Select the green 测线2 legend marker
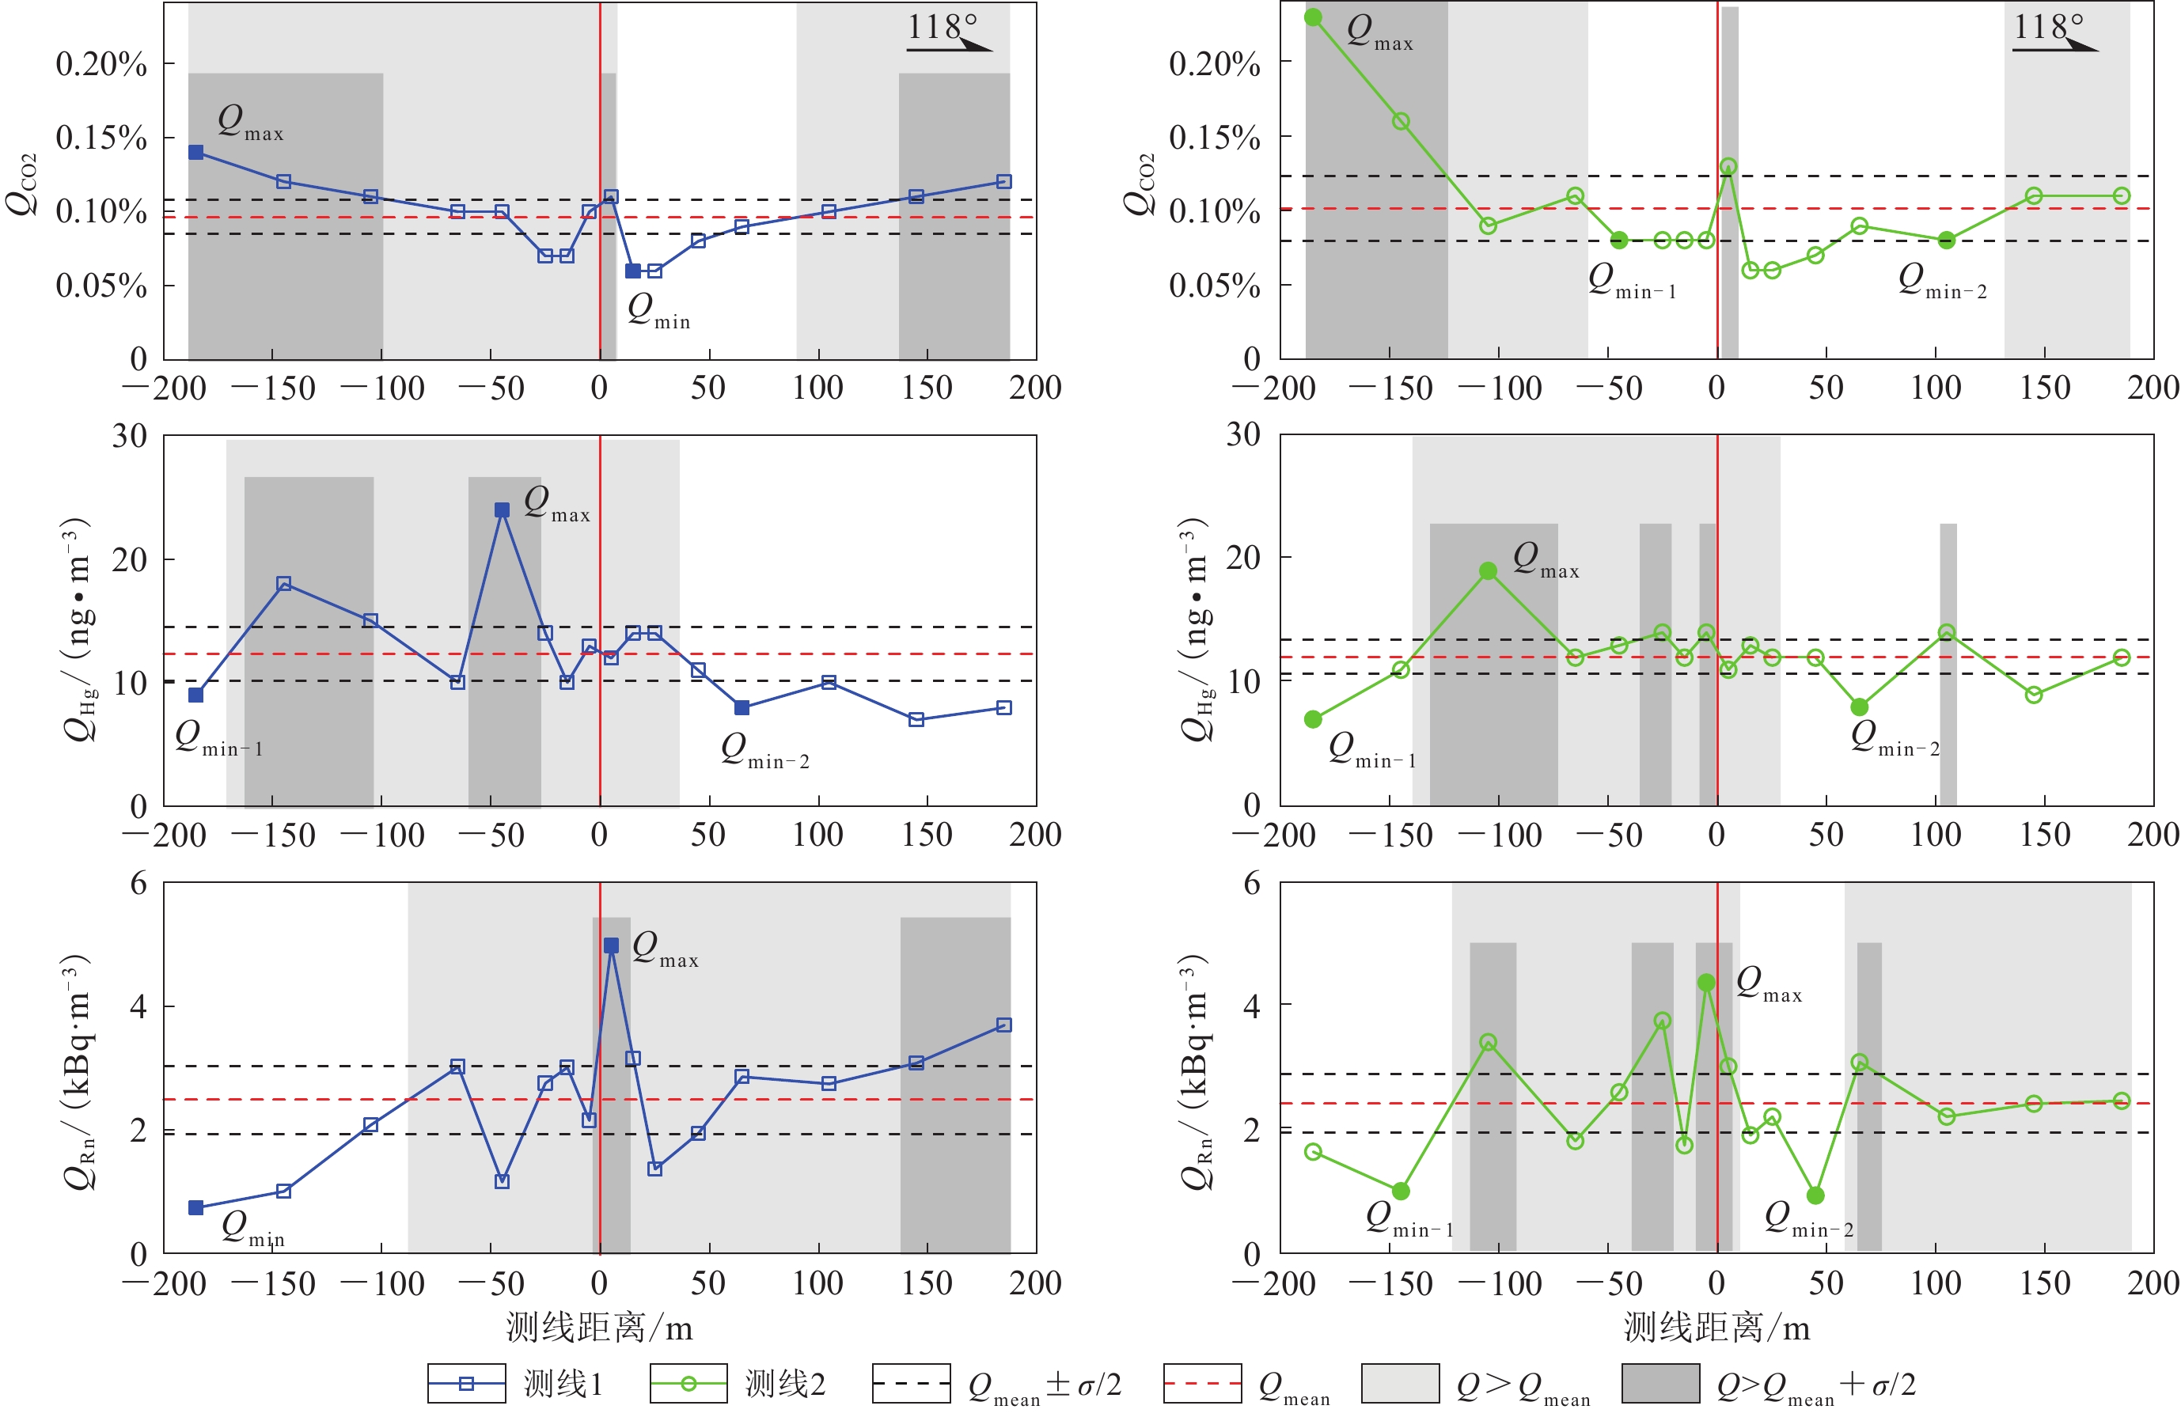point(688,1383)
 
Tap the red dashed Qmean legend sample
point(1201,1383)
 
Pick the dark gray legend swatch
point(1659,1383)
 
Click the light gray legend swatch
point(1399,1383)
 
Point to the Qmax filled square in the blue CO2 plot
point(196,152)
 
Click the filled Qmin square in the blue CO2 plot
point(632,271)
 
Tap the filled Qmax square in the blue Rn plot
point(611,945)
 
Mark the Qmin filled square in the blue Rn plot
point(196,1208)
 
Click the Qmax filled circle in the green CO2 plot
point(1313,17)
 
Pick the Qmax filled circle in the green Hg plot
point(1489,570)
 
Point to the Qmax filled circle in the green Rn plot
point(1706,982)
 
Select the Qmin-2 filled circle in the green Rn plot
point(1815,1195)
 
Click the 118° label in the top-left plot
point(942,27)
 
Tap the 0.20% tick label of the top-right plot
point(1214,64)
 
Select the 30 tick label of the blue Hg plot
point(129,436)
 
